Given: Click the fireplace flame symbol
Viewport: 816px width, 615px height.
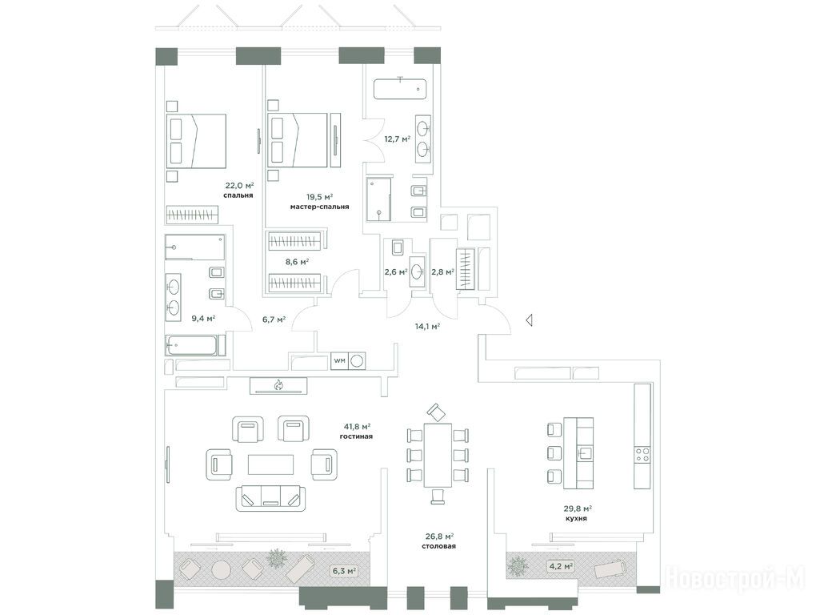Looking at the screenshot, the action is [278, 385].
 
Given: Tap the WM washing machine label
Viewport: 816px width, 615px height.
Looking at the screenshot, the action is [339, 361].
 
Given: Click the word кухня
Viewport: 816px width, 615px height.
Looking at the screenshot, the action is [576, 518].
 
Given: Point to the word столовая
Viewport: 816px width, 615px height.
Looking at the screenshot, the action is [439, 546].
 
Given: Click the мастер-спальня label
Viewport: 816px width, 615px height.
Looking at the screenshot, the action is [319, 207].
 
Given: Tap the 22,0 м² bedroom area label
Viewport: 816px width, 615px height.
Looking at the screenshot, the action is [239, 186].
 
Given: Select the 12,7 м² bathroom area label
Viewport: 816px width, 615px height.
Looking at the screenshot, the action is [397, 139].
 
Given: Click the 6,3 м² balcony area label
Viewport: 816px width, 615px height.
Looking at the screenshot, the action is [344, 571].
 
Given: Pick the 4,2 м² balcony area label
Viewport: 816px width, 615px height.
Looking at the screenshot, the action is [561, 565].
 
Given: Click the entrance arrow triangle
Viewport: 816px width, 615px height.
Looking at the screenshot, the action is [529, 320].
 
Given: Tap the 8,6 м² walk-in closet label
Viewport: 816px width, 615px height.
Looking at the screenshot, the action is [297, 262].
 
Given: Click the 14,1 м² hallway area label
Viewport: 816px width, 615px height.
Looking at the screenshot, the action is [427, 327].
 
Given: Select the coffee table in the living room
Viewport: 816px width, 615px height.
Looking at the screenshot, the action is [270, 464].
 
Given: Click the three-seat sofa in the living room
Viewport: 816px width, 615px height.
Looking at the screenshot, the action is [270, 497].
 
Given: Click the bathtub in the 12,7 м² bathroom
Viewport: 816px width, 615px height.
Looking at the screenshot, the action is [400, 88].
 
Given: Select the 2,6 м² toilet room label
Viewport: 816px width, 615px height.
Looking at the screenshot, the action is [395, 271].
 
